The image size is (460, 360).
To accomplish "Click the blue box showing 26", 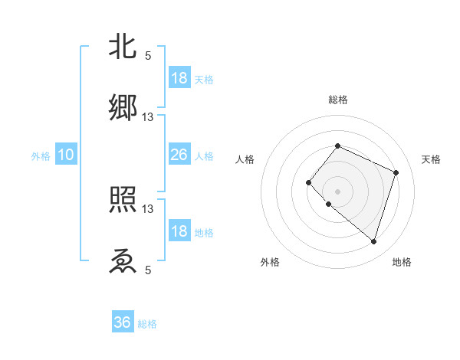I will tap(179, 155).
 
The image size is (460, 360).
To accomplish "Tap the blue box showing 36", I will tap(123, 322).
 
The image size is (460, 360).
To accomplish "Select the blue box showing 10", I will tap(66, 155).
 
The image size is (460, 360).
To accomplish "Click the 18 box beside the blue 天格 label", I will tap(179, 78).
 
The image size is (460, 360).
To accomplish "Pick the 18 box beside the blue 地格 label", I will tap(179, 231).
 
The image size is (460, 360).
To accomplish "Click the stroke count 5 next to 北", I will tap(148, 55).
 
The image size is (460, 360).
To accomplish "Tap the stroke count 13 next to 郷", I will tap(148, 116).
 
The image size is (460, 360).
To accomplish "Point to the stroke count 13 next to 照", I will tap(148, 208).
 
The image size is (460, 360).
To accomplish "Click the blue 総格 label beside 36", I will tap(148, 324).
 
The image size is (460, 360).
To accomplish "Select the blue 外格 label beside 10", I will tap(41, 156).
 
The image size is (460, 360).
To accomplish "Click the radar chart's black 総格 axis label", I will tap(338, 100).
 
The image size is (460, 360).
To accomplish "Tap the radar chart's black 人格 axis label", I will tap(245, 159).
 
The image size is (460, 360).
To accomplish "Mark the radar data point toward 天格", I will tap(396, 172).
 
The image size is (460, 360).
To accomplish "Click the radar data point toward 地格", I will tap(373, 241).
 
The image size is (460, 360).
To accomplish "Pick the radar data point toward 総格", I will tap(337, 146).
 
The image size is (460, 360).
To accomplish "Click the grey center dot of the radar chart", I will tap(337, 191).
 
